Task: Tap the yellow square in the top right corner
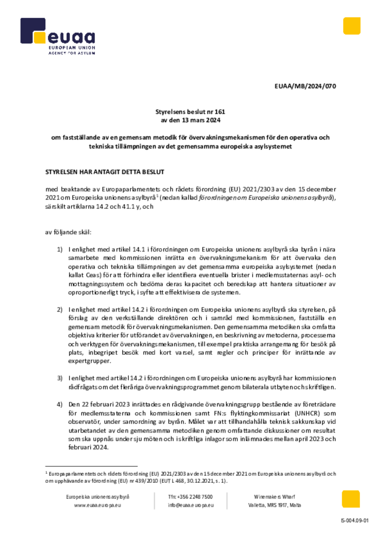click(352, 26)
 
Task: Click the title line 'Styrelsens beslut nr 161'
click(190, 112)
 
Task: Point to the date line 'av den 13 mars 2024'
click(190, 121)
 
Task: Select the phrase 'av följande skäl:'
click(68, 231)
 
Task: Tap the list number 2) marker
click(60, 311)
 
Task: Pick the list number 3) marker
click(60, 378)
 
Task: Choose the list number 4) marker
click(60, 404)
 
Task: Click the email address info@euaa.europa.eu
click(190, 505)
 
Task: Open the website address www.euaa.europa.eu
click(98, 505)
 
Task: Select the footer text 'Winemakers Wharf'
click(275, 496)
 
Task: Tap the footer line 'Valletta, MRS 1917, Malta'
click(275, 505)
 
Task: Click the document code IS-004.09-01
click(355, 521)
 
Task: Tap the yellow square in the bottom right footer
click(351, 499)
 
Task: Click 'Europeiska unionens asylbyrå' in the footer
click(98, 496)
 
